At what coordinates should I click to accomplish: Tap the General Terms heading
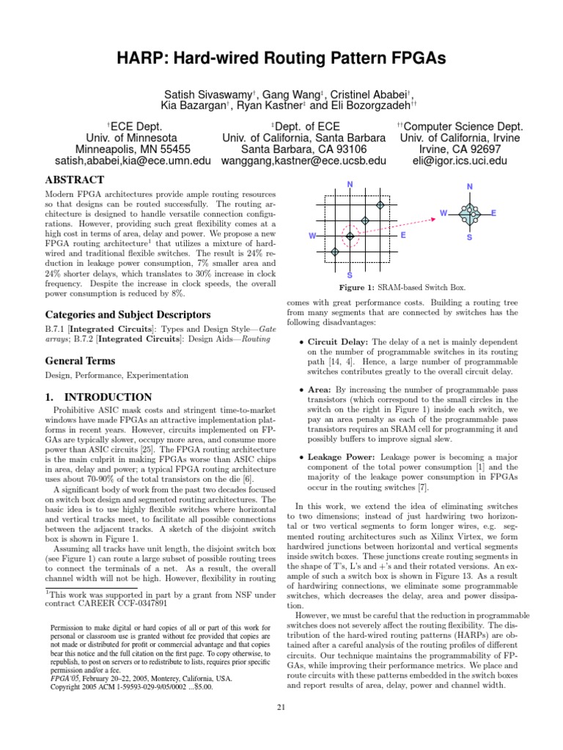point(81,360)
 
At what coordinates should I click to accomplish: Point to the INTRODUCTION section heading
point(98,397)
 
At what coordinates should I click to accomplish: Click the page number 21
point(281,706)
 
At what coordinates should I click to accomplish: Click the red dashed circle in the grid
point(350,235)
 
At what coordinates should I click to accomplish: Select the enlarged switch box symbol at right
point(469,214)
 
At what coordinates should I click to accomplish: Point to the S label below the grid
point(350,275)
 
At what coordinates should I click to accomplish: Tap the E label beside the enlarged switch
point(494,212)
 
